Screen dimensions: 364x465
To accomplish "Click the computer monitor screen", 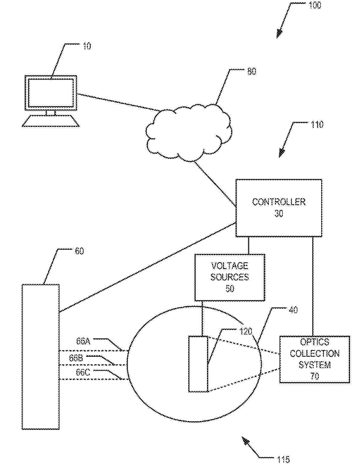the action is pyautogui.click(x=51, y=93).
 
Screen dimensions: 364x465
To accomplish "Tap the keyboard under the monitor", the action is pyautogui.click(x=51, y=121).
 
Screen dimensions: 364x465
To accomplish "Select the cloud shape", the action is pyautogui.click(x=189, y=133).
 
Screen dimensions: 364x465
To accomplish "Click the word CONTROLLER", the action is pyautogui.click(x=279, y=202).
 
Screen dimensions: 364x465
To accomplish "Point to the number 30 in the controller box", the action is pyautogui.click(x=279, y=213).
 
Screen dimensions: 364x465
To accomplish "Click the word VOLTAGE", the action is pyautogui.click(x=230, y=266).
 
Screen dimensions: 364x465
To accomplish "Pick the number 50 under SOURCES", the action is pyautogui.click(x=230, y=289).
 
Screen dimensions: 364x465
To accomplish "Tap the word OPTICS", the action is pyautogui.click(x=315, y=342).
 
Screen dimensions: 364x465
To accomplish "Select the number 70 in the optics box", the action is pyautogui.click(x=315, y=376).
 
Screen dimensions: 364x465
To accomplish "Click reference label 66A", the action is pyautogui.click(x=83, y=342).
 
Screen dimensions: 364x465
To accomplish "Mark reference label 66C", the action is pyautogui.click(x=83, y=373).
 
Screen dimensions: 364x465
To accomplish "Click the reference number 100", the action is pyautogui.click(x=315, y=5).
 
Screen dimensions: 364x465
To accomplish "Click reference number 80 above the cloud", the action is pyautogui.click(x=252, y=71).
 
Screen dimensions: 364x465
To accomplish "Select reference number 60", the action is pyautogui.click(x=79, y=251).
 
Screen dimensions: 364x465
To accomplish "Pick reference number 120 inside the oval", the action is pyautogui.click(x=246, y=332).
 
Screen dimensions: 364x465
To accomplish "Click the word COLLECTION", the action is pyautogui.click(x=315, y=353).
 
